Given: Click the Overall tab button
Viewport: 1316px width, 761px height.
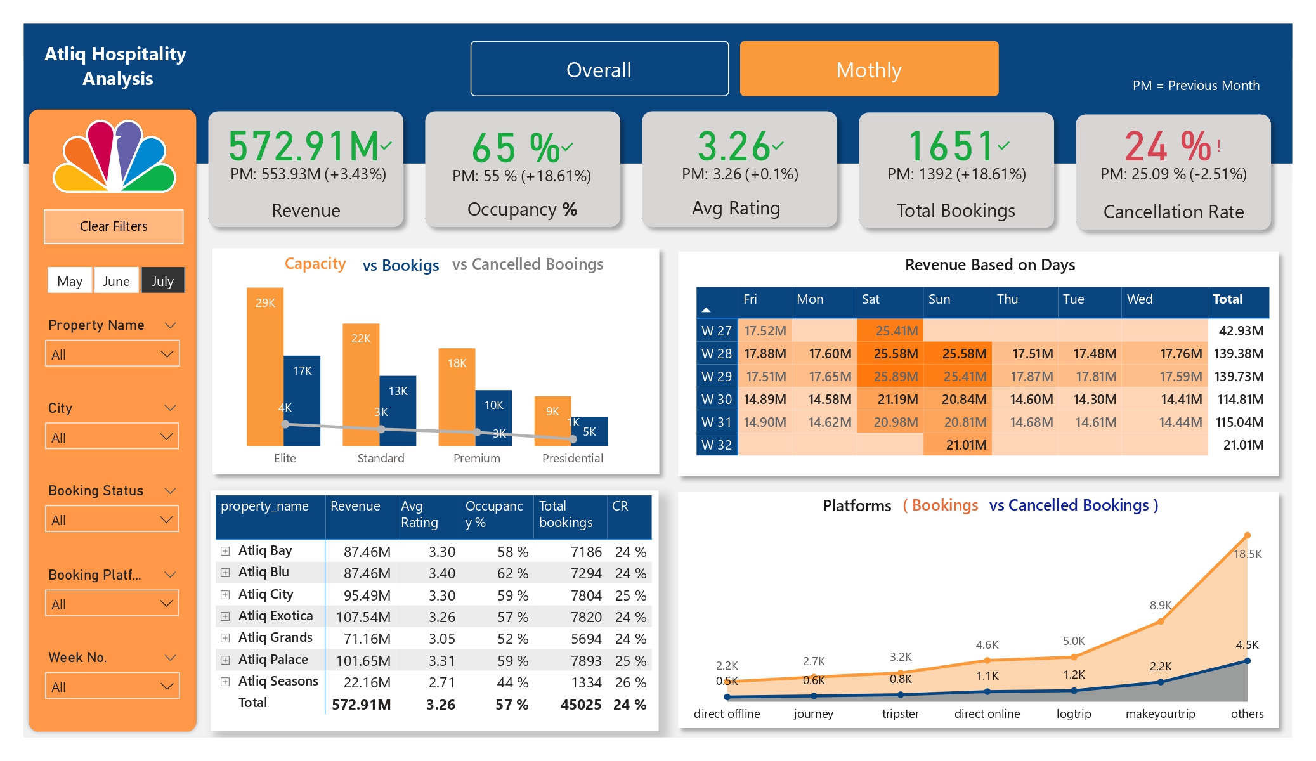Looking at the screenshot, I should (599, 69).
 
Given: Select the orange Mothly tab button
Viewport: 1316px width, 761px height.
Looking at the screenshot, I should (868, 69).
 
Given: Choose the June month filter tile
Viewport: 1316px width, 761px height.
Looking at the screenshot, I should (116, 281).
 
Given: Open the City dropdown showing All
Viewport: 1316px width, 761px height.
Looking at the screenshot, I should (112, 437).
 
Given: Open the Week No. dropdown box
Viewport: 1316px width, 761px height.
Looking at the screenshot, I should (112, 686).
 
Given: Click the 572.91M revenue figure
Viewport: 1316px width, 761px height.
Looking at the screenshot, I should (303, 146).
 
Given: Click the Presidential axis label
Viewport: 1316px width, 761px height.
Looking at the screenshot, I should (572, 458).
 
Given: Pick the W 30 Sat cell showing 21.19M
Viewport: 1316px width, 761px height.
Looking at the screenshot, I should (890, 400).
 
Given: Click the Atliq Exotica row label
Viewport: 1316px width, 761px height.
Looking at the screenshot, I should (275, 616).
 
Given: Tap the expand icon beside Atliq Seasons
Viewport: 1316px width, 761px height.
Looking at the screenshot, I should (225, 682).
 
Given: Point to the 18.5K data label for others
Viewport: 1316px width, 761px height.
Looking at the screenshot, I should (1247, 554).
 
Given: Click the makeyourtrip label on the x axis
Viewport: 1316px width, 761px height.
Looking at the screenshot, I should (1159, 713).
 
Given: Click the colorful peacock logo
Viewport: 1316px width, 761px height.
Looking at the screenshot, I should (114, 157).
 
